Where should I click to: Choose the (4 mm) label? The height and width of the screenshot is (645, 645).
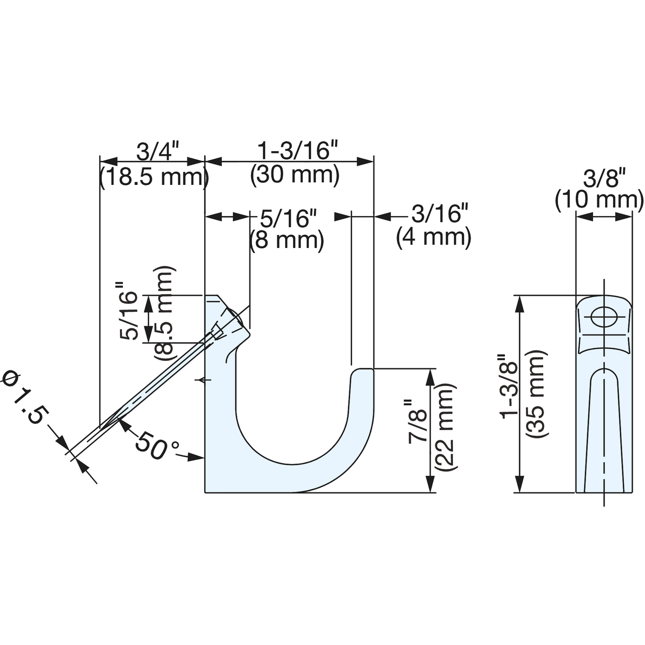click(434, 238)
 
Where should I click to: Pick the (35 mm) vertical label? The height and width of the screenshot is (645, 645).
click(536, 393)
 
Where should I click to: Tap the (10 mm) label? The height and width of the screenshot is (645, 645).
click(600, 201)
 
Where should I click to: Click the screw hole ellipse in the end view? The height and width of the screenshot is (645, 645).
click(604, 317)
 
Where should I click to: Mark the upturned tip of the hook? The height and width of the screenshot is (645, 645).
click(362, 369)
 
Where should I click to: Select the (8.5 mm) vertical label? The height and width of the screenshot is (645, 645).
click(164, 313)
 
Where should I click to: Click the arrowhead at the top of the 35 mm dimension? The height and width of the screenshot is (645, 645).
click(519, 305)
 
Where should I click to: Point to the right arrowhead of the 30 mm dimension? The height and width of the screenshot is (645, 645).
click(364, 162)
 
